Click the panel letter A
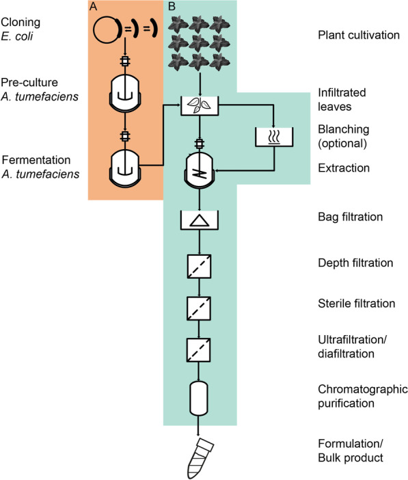[94, 6]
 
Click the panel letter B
[172, 6]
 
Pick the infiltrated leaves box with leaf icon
[198, 106]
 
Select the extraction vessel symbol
[198, 172]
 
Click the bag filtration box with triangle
[198, 219]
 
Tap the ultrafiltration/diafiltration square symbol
[198, 351]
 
